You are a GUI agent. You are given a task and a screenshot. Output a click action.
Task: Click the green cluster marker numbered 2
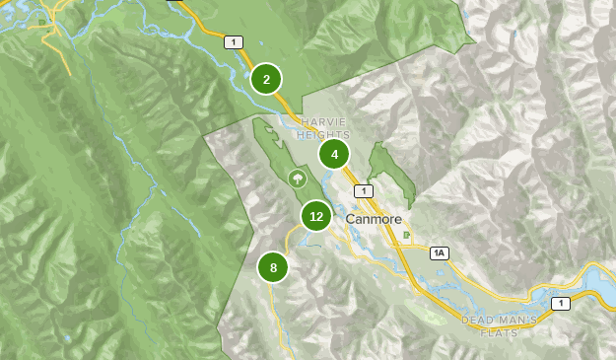pos(266,79)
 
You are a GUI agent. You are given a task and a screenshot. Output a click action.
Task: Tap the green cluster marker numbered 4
pos(334,154)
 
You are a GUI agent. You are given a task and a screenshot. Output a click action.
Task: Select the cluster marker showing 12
pos(316,216)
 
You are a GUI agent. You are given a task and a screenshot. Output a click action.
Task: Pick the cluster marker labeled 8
pos(273,267)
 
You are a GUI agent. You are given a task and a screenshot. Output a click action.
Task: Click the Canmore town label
pos(374,218)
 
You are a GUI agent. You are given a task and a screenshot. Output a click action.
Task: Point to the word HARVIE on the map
pos(323,121)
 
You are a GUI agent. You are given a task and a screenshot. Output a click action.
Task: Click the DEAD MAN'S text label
pos(500,321)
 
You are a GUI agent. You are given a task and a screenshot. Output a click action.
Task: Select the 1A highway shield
pos(439,253)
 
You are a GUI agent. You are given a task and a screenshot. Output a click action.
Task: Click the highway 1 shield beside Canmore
pos(365,190)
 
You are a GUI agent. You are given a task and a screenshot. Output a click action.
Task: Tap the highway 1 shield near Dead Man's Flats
pos(560,303)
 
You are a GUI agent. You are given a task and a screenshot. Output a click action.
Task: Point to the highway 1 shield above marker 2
pos(233,41)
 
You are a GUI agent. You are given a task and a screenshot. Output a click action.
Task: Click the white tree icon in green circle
pos(296,178)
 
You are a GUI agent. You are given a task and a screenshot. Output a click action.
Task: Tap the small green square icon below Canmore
pos(407,235)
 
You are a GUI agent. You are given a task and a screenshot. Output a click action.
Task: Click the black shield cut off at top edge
pos(176,2)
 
